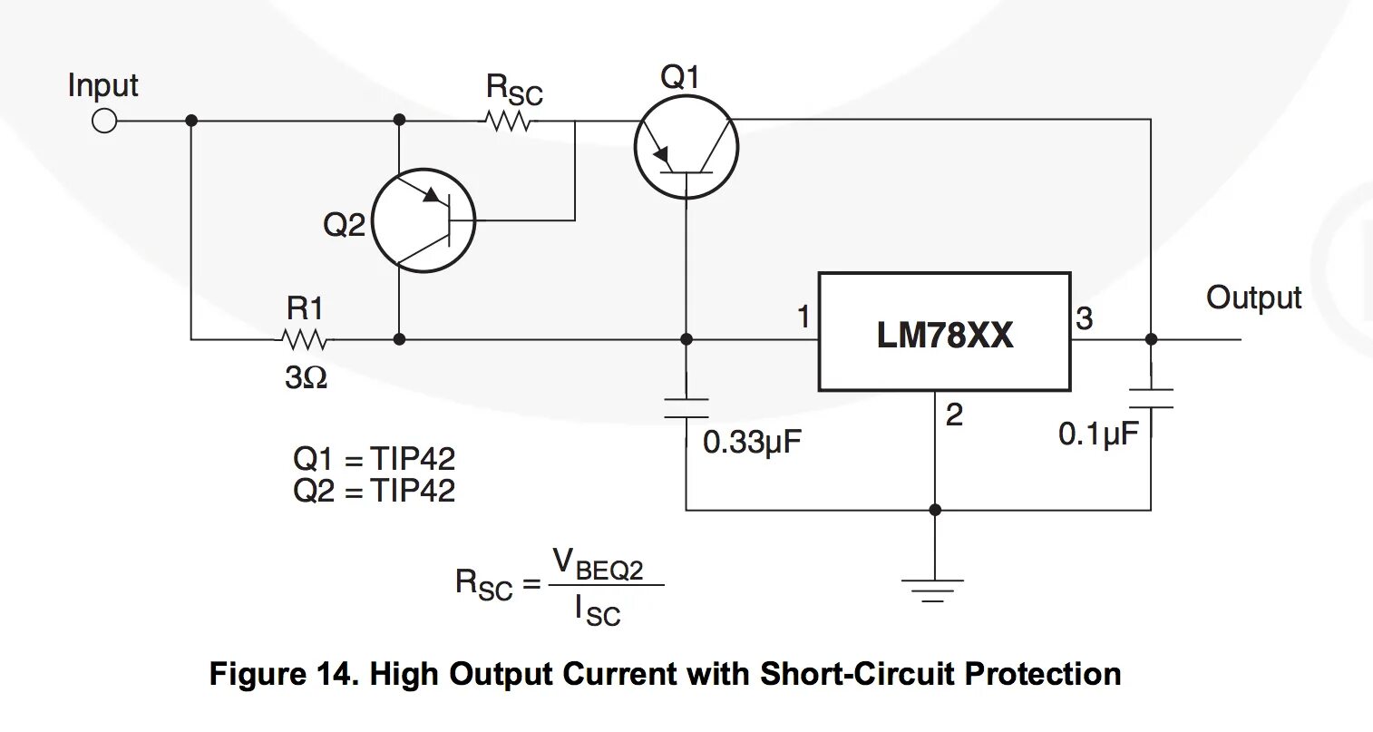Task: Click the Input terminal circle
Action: click(x=104, y=121)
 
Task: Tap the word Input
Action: click(x=102, y=86)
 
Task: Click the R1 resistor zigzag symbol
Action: click(x=305, y=340)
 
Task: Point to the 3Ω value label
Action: click(x=306, y=377)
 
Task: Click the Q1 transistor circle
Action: click(x=686, y=148)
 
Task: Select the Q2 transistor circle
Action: click(x=424, y=220)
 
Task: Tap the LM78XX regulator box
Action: click(x=944, y=332)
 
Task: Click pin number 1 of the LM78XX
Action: click(x=803, y=317)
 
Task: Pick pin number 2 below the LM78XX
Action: click(x=953, y=415)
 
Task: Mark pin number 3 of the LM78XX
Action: click(x=1085, y=318)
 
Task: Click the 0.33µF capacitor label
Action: click(x=752, y=443)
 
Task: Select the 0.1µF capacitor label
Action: click(x=1097, y=434)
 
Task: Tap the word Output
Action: click(x=1253, y=298)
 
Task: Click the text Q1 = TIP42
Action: click(x=374, y=459)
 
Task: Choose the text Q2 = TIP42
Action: click(x=374, y=491)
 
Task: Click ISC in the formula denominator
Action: click(x=598, y=610)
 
